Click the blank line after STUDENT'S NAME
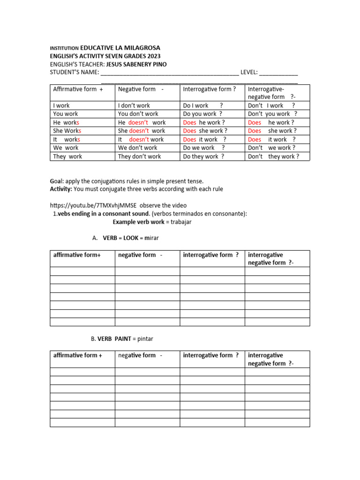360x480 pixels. [169, 73]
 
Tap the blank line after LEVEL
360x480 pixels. [278, 73]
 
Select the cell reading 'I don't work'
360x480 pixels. [134, 105]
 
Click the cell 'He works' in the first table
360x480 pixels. [67, 122]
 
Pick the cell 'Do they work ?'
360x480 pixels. [203, 157]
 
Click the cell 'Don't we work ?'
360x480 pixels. [271, 148]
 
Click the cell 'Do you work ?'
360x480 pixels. [202, 114]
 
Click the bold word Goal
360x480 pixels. [57, 181]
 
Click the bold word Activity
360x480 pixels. [61, 189]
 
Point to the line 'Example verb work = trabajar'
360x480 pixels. [152, 222]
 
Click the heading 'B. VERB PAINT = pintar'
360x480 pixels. [122, 338]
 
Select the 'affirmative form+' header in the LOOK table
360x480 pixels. [77, 255]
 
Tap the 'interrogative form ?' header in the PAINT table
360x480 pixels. [211, 355]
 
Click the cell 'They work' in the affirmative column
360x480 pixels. [67, 157]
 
